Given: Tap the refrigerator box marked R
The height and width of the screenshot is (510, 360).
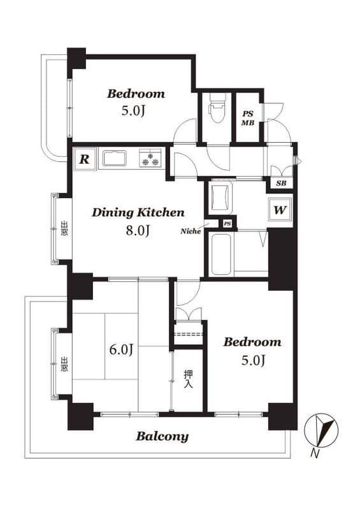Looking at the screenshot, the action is coord(85,159).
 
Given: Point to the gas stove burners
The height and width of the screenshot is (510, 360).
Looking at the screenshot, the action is coord(150,158).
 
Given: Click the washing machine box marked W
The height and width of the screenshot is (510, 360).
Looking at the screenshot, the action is coord(280,210).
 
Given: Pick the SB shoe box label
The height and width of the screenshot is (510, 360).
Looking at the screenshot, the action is coord(281,183).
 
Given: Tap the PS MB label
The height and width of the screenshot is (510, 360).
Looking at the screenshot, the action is coord(247,119).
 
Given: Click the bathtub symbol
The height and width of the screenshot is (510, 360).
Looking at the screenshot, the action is coord(222,252).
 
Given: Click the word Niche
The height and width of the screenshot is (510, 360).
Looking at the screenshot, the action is coord(191,231).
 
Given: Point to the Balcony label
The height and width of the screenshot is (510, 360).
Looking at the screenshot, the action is coord(162,436).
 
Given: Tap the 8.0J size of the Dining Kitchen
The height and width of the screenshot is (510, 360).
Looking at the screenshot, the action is coord(138,231).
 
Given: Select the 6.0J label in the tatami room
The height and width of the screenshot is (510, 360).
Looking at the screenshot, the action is coord(120,349).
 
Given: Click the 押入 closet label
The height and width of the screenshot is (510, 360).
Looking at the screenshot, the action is coord(189,379).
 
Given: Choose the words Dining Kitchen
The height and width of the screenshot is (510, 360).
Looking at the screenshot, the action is coord(138,213).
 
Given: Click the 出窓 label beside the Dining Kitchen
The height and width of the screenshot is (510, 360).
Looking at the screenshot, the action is coord(64,228).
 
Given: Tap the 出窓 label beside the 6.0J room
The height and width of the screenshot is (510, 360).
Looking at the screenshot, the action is coord(64,364).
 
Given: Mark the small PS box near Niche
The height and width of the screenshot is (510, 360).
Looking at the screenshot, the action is coord(227,224).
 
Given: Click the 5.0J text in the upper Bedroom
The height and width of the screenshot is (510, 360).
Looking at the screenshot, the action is coord(133,110).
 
